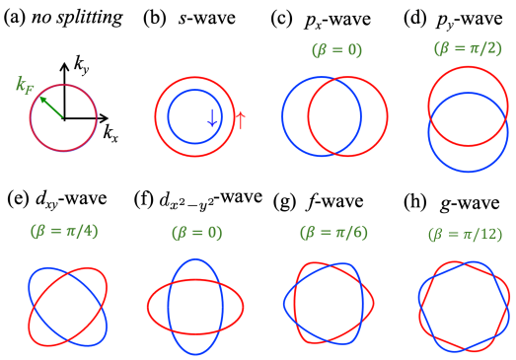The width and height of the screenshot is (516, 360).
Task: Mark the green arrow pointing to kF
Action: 48,105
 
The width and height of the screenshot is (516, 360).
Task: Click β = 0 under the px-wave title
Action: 327,47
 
